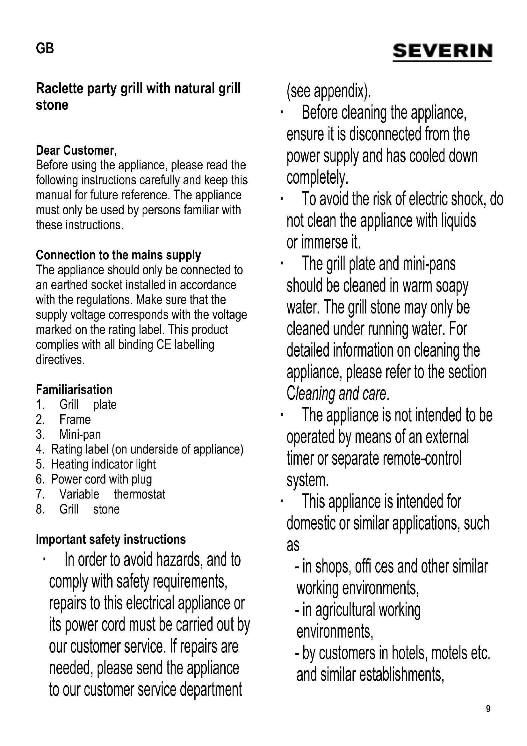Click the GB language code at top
point(45,48)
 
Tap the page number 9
point(488,709)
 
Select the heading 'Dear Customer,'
point(76,151)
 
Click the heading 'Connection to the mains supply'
point(119,255)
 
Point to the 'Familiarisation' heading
point(74,389)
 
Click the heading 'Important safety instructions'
point(111,539)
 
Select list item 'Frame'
point(75,419)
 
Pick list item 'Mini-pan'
point(80,434)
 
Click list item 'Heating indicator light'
point(103,464)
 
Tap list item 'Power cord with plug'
point(101,479)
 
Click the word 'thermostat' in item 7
point(139,494)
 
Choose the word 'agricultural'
point(345,610)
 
